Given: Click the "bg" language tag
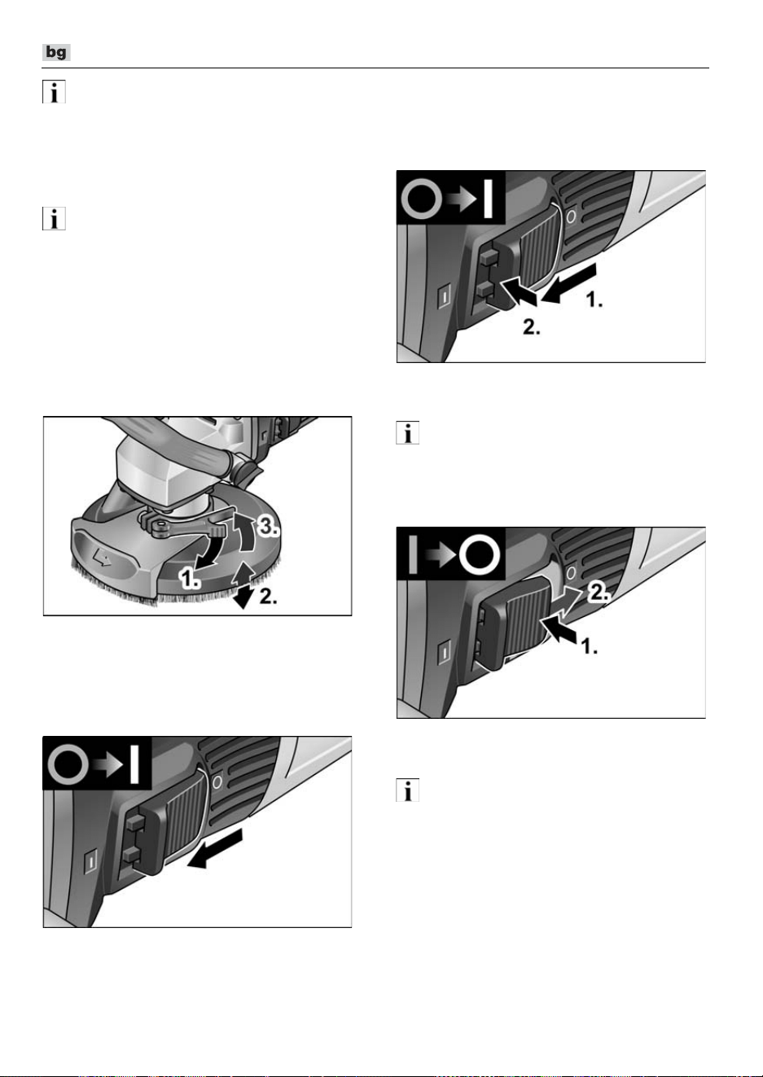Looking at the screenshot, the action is click(56, 52).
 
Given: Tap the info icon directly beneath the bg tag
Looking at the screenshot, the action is click(54, 91).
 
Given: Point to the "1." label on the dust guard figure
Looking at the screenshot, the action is click(190, 577).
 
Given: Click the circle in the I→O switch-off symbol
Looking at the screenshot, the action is click(480, 555).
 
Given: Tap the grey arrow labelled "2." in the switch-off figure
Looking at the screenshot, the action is click(567, 599).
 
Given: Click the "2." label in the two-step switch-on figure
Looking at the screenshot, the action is click(532, 327).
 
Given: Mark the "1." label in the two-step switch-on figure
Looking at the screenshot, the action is click(594, 300).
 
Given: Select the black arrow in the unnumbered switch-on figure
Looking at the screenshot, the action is click(214, 851).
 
